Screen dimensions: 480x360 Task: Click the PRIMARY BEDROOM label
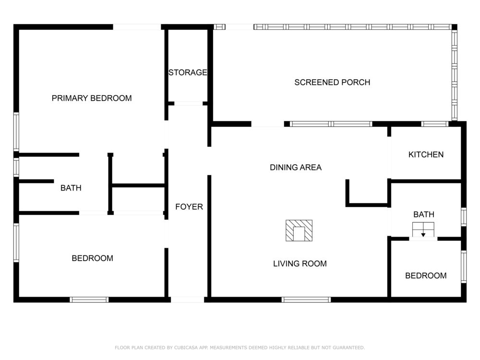point(92,98)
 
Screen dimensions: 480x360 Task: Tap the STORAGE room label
point(188,72)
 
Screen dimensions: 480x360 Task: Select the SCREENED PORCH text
point(332,83)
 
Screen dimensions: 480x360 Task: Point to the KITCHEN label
point(426,155)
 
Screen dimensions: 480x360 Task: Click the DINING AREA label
point(296,168)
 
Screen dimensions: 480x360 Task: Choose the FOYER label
point(189,207)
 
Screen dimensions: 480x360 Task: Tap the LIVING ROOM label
point(300,264)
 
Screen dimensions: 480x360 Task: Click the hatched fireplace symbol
point(299,230)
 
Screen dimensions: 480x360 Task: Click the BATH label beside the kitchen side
point(424,215)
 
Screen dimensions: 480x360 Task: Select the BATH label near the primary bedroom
point(71,188)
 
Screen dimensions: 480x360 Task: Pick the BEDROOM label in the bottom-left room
point(93,258)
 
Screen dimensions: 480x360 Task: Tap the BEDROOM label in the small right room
point(426,276)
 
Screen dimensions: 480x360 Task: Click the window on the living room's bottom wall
point(306,300)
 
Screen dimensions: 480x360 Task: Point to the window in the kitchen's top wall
point(435,124)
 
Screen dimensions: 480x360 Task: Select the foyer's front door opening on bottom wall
point(187,300)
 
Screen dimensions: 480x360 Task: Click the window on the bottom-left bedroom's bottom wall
point(89,300)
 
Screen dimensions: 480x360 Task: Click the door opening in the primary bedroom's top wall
point(137,27)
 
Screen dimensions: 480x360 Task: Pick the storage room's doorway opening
point(188,104)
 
